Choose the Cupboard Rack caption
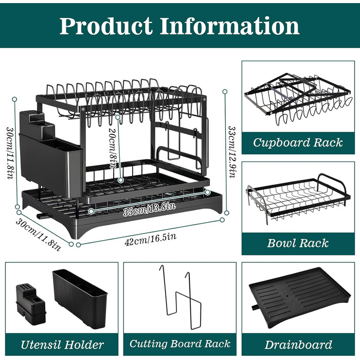tap(298, 142)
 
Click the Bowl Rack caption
tap(298, 243)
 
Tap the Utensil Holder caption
tap(62, 345)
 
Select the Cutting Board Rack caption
tap(179, 344)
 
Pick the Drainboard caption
tap(298, 345)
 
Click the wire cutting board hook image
tap(180, 298)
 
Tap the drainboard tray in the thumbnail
tap(298, 298)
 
